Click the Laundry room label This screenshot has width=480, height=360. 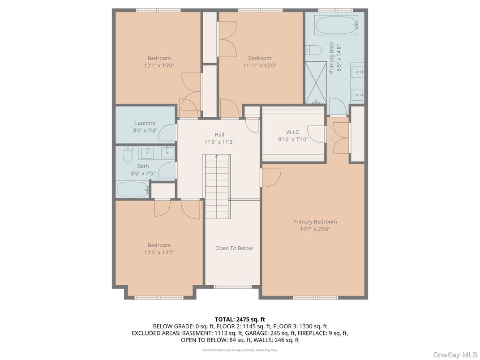pyautogui.click(x=145, y=123)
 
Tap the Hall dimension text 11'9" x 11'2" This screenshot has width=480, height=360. pyautogui.click(x=219, y=142)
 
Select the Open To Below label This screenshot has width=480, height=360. pyautogui.click(x=234, y=248)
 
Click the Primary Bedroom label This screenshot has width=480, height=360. pyautogui.click(x=315, y=222)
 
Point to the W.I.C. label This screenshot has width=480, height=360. pyautogui.click(x=293, y=132)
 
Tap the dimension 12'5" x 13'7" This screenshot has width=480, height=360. pyautogui.click(x=159, y=252)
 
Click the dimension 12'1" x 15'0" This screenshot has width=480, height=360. pyautogui.click(x=159, y=65)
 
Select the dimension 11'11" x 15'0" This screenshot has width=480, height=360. pyautogui.click(x=260, y=65)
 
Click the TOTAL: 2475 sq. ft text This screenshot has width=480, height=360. pyautogui.click(x=240, y=319)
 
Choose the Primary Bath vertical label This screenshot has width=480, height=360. pyautogui.click(x=335, y=57)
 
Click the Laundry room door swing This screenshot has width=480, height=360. pyautogui.click(x=167, y=133)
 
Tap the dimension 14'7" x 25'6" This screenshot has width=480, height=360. pyautogui.click(x=315, y=229)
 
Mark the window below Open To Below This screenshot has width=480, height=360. pyautogui.click(x=233, y=287)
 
